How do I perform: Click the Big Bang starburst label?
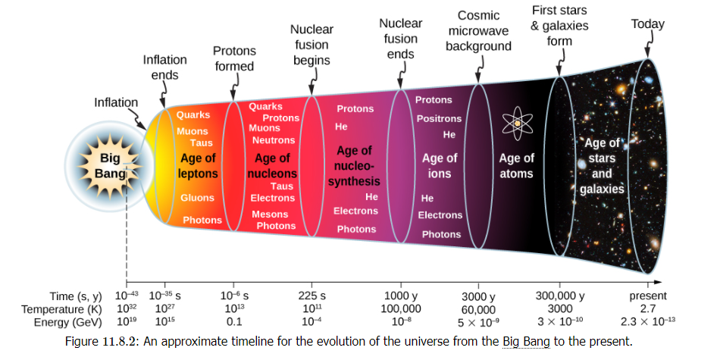click(110, 166)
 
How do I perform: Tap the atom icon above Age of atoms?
click(517, 123)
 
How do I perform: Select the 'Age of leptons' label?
click(199, 166)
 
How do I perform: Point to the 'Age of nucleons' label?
click(272, 166)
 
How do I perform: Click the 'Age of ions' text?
click(440, 166)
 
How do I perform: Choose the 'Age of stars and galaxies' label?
click(602, 166)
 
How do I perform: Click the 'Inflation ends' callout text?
click(165, 67)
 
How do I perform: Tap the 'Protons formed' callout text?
click(234, 58)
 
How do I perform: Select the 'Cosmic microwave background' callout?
click(478, 31)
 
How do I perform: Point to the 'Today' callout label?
click(647, 24)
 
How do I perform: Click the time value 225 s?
click(311, 296)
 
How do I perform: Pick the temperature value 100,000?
click(401, 309)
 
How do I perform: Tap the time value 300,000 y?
click(560, 296)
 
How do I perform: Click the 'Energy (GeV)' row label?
click(68, 322)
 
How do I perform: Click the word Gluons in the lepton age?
click(198, 198)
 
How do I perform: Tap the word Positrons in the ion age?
click(439, 119)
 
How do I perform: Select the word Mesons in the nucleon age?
click(270, 214)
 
